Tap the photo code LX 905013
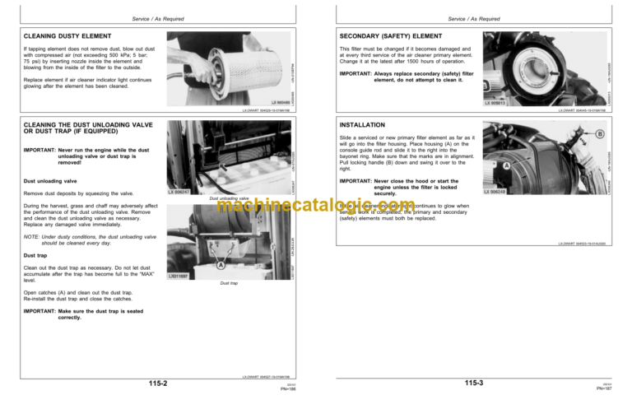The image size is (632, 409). (500, 104)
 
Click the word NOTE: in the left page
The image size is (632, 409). (33, 236)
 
